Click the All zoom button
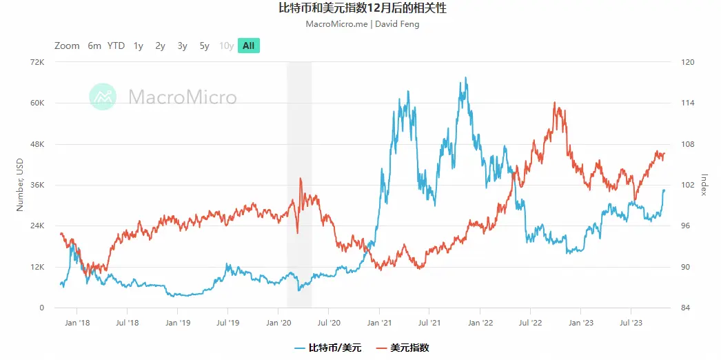tap(248, 46)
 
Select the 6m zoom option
tap(94, 46)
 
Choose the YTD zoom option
tap(116, 46)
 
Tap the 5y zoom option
tap(204, 46)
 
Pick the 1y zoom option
tap(139, 46)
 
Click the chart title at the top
tap(361, 9)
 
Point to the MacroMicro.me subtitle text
tap(361, 24)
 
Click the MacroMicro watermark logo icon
tap(103, 97)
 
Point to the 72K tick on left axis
tap(36, 63)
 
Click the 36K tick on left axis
tap(36, 186)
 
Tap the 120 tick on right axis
tap(688, 63)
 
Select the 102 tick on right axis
tap(688, 186)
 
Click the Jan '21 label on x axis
tap(380, 322)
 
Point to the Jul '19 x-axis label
tap(227, 322)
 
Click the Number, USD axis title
tap(20, 184)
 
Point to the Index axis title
tap(704, 184)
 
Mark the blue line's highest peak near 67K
tap(466, 78)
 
